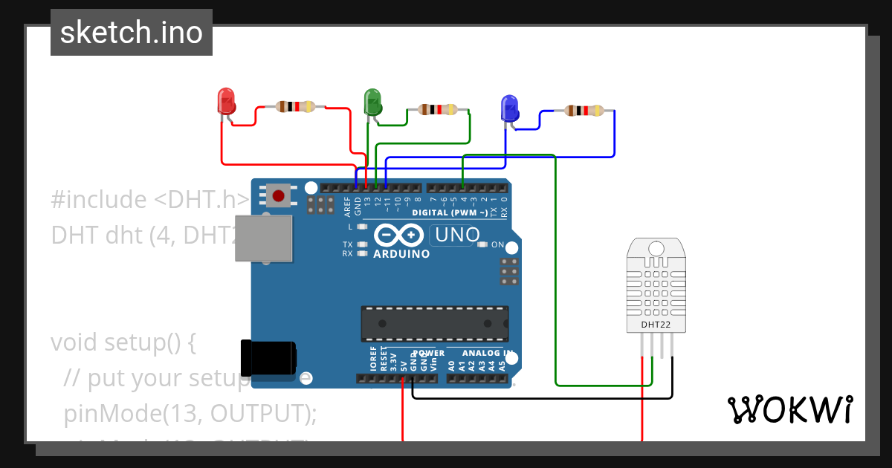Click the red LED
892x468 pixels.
225,101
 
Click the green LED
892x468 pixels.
372,101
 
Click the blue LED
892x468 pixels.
509,108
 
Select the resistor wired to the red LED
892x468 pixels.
296,107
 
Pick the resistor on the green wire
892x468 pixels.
438,110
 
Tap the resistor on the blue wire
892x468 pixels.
584,111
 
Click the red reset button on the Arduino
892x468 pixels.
278,196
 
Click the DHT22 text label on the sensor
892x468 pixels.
655,324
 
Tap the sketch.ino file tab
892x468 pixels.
132,33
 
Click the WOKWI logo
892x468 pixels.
789,409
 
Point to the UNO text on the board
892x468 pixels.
456,235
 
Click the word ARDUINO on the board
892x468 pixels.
401,254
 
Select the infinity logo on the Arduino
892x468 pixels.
397,235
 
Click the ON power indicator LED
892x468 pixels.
483,244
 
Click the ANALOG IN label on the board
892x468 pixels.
488,353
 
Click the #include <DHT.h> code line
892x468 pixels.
149,199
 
